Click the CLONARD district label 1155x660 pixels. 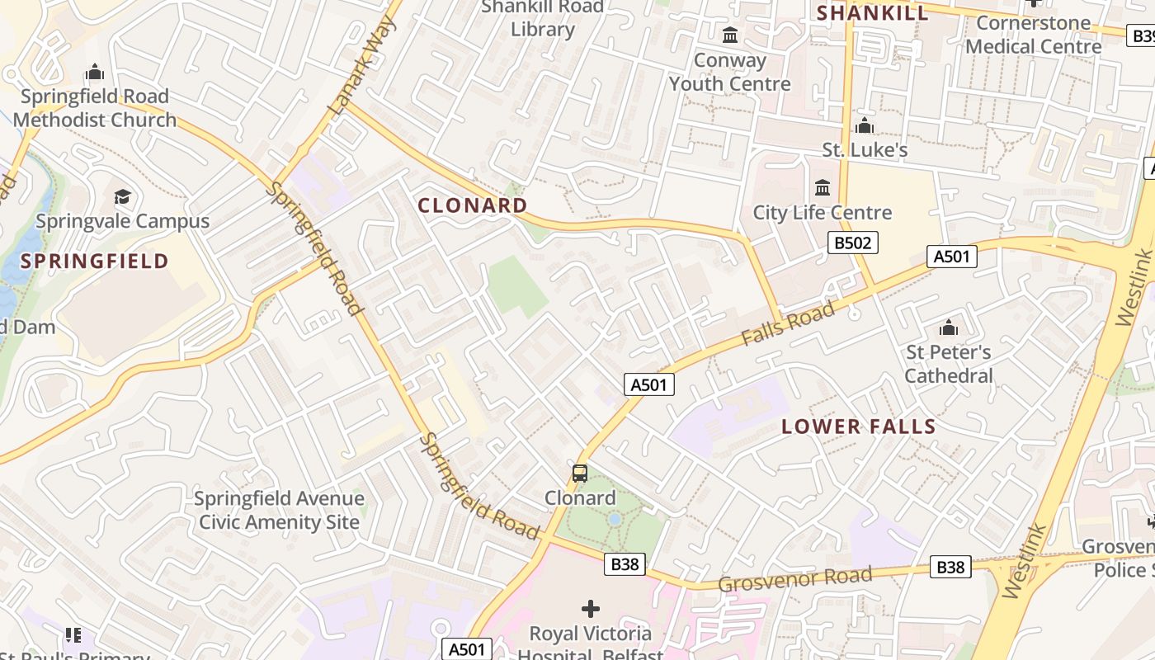tap(473, 205)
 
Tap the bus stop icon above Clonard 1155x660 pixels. tap(580, 474)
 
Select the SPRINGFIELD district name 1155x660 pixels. tap(95, 262)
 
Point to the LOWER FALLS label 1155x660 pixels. tap(858, 427)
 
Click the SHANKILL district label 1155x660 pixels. tap(872, 12)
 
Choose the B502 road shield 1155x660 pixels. tap(853, 243)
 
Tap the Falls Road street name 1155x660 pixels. tap(787, 324)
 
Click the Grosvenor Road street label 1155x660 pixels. tap(794, 578)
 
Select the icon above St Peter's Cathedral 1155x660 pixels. tap(949, 328)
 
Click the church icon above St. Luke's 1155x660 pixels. tap(865, 125)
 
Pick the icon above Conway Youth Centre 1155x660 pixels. tap(730, 35)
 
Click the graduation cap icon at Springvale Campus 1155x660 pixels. tap(123, 196)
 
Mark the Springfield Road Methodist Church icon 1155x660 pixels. tap(95, 72)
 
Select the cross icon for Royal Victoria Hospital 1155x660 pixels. tap(591, 609)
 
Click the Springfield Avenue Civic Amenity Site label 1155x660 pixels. tap(279, 510)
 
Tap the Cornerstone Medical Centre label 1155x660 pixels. tap(1033, 35)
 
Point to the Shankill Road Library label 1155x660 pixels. tap(543, 18)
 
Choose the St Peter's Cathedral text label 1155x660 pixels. tap(949, 364)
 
